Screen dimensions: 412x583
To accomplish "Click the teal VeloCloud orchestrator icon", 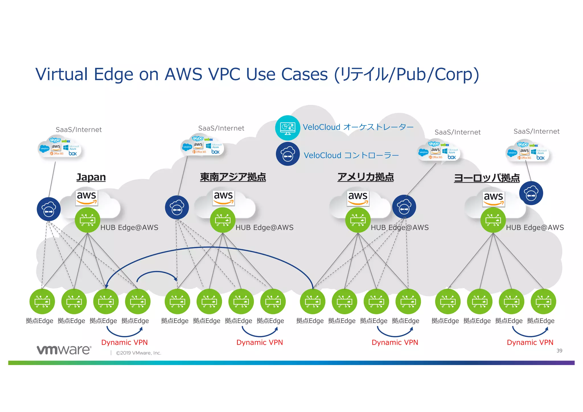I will click(x=288, y=128).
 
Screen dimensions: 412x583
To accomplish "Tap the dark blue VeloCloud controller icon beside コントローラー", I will click(x=288, y=154).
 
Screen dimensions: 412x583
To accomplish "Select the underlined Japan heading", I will click(x=91, y=177).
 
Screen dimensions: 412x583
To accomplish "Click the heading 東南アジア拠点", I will click(x=233, y=177).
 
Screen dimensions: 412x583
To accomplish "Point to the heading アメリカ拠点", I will click(x=366, y=177).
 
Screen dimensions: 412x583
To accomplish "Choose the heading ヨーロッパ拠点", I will click(x=487, y=178).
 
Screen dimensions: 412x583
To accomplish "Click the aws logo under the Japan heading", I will click(x=87, y=197).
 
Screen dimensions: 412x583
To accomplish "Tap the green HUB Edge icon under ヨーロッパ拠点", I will click(x=493, y=220).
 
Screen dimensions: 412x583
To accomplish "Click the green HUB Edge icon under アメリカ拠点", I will click(x=358, y=220).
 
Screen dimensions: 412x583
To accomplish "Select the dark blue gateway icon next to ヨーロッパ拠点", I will click(x=531, y=193).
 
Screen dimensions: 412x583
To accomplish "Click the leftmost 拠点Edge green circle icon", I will click(x=42, y=302).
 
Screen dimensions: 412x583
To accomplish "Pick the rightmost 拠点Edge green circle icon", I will click(x=543, y=302).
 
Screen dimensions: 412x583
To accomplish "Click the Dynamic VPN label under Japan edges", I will click(x=124, y=342).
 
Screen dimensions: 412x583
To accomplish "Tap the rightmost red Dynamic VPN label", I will click(x=530, y=342).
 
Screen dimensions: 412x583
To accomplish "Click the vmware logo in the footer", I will click(x=64, y=350).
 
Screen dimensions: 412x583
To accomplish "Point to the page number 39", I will click(x=559, y=351).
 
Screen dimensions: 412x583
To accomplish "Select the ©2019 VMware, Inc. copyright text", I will click(x=139, y=353).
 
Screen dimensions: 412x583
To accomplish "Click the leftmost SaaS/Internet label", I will click(x=79, y=130).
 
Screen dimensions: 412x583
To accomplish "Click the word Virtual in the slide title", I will click(x=61, y=75).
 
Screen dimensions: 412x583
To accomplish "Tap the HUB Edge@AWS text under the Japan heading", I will click(x=129, y=227).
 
